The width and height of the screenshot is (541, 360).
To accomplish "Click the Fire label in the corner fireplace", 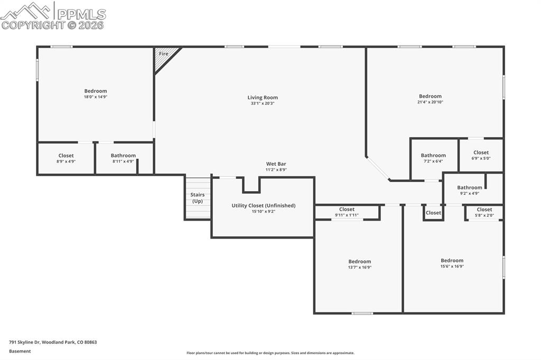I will pos(164,54).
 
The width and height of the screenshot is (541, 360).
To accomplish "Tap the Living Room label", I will pos(263,98).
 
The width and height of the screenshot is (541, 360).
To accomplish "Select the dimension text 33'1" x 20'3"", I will pos(263,103).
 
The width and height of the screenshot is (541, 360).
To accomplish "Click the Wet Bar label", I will pos(276,164).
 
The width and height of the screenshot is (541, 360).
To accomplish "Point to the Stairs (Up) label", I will pos(197,198).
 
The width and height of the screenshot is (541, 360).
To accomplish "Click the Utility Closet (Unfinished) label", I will pos(263,205).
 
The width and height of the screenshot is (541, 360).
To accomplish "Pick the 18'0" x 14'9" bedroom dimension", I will pos(96,97).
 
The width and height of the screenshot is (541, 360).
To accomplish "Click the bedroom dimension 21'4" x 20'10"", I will pos(430,102).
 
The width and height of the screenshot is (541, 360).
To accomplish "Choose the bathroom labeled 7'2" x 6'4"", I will pos(433,158).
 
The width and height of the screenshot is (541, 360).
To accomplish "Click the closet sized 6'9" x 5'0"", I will pos(481,155).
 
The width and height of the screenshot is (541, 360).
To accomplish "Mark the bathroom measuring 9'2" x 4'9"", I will pos(470,191).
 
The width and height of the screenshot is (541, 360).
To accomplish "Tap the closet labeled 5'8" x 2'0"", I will pos(484,212).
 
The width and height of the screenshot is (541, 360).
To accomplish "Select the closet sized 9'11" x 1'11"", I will pos(347,212).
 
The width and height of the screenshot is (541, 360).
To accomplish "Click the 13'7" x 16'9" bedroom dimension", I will pos(359,267).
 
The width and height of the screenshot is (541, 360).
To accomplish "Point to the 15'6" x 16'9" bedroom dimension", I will pos(452,266).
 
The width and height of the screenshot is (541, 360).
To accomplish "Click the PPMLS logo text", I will pos(80,14).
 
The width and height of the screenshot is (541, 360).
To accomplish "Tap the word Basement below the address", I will pos(20,351).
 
